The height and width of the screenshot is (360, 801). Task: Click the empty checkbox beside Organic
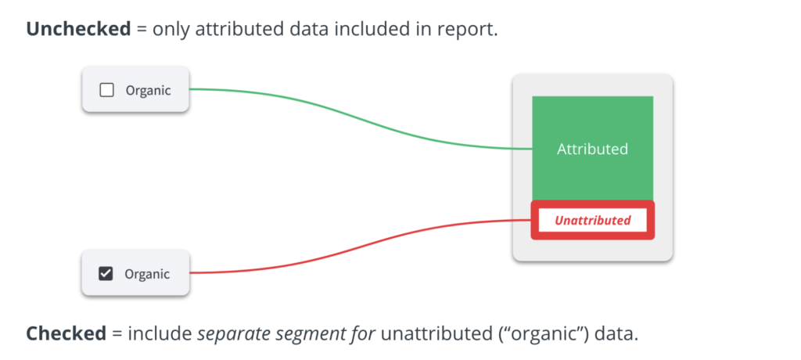(106, 91)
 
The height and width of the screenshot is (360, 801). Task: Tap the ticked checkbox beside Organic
(106, 274)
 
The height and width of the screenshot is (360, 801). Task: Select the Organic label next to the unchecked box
(148, 91)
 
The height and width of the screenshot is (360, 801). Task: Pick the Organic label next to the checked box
(147, 275)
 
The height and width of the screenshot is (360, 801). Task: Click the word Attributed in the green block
(592, 149)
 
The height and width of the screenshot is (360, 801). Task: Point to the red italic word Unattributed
(593, 221)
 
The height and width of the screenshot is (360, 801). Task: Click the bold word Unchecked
(79, 29)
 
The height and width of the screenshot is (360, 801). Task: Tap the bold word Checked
(66, 334)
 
